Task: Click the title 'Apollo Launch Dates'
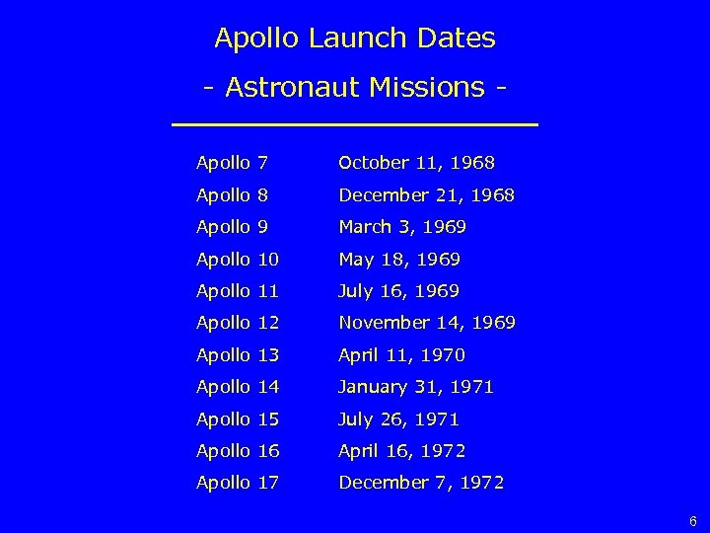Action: [355, 39]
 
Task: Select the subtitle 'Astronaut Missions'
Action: [355, 88]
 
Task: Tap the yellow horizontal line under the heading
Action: [355, 124]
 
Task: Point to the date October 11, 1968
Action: [416, 162]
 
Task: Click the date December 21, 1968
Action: [426, 194]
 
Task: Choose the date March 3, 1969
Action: [402, 227]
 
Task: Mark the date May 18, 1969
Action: [399, 260]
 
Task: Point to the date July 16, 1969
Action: [398, 291]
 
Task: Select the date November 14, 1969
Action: [427, 323]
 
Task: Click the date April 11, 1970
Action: [401, 355]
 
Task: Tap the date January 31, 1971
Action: [416, 387]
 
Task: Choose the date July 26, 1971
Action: [398, 419]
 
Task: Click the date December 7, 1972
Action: [421, 484]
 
